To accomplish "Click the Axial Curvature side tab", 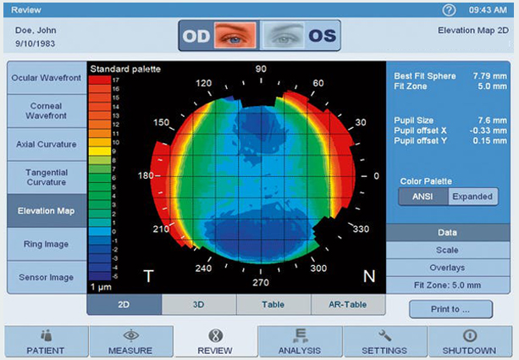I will coord(46,144).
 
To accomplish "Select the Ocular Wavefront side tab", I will coord(46,78).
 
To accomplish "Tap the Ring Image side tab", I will coord(46,244).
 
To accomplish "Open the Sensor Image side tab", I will coord(46,277).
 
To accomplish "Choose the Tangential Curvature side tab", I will coord(46,177).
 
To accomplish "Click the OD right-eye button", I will coord(218,36).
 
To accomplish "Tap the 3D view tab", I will coord(198,304).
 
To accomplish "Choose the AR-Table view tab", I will coord(347,304).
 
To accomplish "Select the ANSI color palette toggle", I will coord(423,197).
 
